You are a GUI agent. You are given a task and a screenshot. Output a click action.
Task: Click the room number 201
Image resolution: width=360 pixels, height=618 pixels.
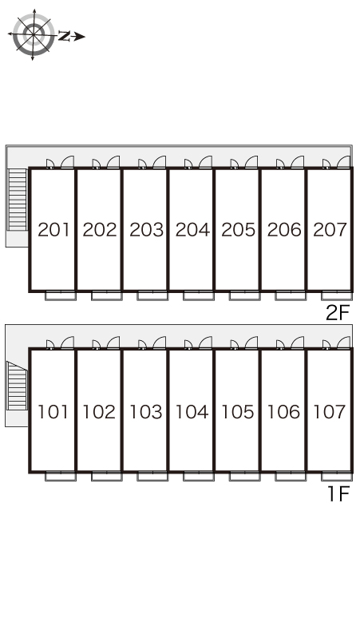pyautogui.click(x=53, y=230)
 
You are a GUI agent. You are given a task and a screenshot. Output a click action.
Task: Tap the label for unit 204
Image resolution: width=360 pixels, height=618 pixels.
pyautogui.click(x=192, y=230)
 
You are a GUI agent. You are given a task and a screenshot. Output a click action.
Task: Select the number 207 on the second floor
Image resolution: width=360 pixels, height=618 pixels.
pyautogui.click(x=330, y=230)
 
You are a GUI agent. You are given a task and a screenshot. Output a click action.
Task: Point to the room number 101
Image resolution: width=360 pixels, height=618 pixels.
pyautogui.click(x=53, y=412)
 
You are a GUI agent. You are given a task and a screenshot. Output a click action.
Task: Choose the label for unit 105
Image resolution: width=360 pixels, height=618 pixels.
pyautogui.click(x=238, y=412)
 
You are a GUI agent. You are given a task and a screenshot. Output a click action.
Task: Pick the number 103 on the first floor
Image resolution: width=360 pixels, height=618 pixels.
pyautogui.click(x=146, y=412)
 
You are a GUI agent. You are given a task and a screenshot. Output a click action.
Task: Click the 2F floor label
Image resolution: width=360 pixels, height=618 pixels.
pyautogui.click(x=338, y=313)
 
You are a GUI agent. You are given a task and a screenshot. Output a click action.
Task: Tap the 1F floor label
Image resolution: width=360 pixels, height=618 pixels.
pyautogui.click(x=338, y=493)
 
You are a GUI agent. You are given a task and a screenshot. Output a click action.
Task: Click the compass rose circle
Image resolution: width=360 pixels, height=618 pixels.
pyautogui.click(x=34, y=34)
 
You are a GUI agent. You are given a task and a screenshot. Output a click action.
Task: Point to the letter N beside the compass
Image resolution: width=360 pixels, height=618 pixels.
pyautogui.click(x=64, y=36)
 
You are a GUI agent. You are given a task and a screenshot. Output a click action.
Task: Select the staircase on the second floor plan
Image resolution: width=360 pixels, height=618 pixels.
pyautogui.click(x=18, y=200)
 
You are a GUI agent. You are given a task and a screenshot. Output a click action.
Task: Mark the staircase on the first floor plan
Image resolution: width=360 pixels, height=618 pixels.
pyautogui.click(x=17, y=386)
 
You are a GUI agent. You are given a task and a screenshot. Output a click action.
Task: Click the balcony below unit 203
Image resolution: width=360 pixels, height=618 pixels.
pyautogui.click(x=152, y=295)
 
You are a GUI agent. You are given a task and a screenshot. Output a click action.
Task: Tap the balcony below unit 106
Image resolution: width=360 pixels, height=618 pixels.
pyautogui.click(x=291, y=476)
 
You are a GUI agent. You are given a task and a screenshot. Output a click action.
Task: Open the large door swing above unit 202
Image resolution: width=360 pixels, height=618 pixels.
pyautogui.click(x=113, y=162)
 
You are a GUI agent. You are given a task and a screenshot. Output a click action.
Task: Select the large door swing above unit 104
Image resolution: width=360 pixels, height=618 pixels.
pyautogui.click(x=205, y=343)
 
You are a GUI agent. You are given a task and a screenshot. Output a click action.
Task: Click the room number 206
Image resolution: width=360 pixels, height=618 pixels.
pyautogui.click(x=284, y=230)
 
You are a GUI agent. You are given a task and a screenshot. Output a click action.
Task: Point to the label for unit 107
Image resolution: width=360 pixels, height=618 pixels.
pyautogui.click(x=330, y=412)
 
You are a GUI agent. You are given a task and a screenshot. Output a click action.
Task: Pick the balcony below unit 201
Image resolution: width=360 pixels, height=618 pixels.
pyautogui.click(x=60, y=295)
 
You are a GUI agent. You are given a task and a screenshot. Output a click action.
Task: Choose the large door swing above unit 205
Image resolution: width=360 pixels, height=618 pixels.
pyautogui.click(x=251, y=162)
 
